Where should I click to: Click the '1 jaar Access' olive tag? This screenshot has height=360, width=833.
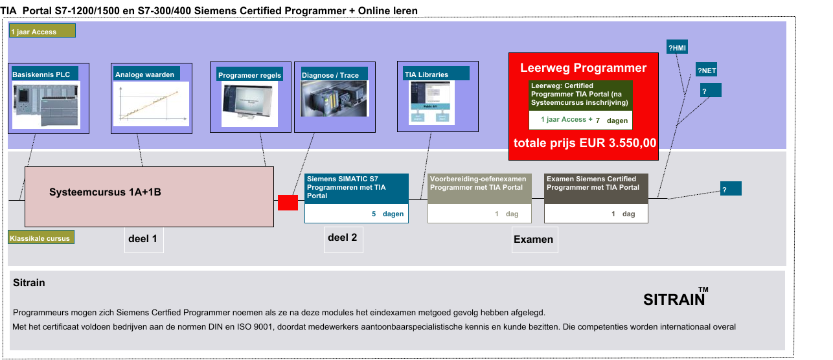tap(43, 31)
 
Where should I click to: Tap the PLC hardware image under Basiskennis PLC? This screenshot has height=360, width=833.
tap(46, 105)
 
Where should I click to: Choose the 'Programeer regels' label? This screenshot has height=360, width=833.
tap(250, 75)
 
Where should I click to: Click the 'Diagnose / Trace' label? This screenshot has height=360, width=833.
tap(330, 75)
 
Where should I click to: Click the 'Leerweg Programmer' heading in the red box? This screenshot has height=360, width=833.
tap(583, 68)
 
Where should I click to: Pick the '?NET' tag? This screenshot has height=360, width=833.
tap(706, 71)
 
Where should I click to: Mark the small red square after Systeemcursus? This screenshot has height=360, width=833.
tap(288, 202)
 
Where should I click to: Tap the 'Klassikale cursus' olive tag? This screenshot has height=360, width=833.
tap(40, 238)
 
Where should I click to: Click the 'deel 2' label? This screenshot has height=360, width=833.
tap(342, 238)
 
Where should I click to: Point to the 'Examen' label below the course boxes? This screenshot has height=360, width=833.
tap(533, 240)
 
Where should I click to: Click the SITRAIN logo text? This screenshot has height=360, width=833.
tap(674, 300)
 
